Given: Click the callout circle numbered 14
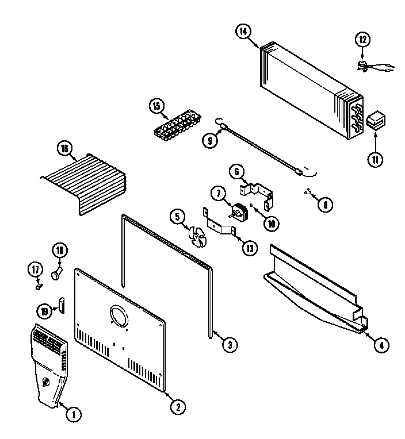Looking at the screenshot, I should tap(243, 32).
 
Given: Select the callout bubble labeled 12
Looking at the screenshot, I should tap(362, 40).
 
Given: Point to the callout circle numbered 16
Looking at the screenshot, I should tap(65, 148).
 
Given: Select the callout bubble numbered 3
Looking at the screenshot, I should tap(229, 345).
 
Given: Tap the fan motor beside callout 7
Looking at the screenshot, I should tap(239, 212).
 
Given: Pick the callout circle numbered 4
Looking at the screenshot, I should tap(380, 345).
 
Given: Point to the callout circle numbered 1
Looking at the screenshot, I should tap(72, 412).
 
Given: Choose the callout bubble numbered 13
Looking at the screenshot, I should tap(249, 248).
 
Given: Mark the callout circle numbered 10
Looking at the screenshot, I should tap(270, 224).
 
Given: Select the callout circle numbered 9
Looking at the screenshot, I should tap(209, 138).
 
